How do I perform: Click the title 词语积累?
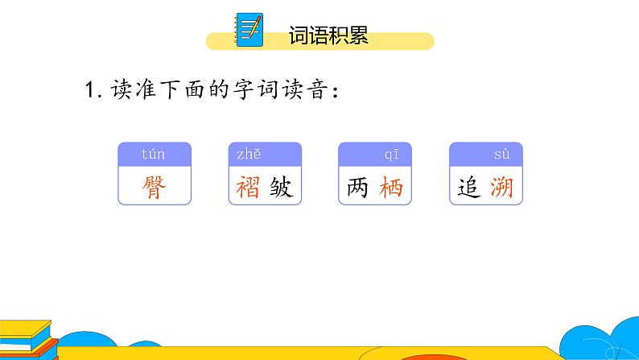328,35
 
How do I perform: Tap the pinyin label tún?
152,154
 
